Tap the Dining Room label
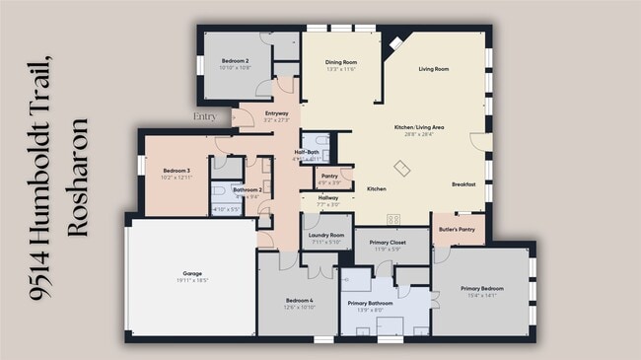point(340,62)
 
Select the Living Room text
point(434,69)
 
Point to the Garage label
point(192,273)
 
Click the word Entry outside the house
point(205,116)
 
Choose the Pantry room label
point(329,176)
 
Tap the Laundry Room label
point(325,236)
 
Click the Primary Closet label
point(387,243)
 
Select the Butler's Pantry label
point(458,229)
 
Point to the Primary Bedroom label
point(482,289)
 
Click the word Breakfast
point(463,184)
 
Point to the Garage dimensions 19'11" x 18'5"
point(192,281)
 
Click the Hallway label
point(328,198)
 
